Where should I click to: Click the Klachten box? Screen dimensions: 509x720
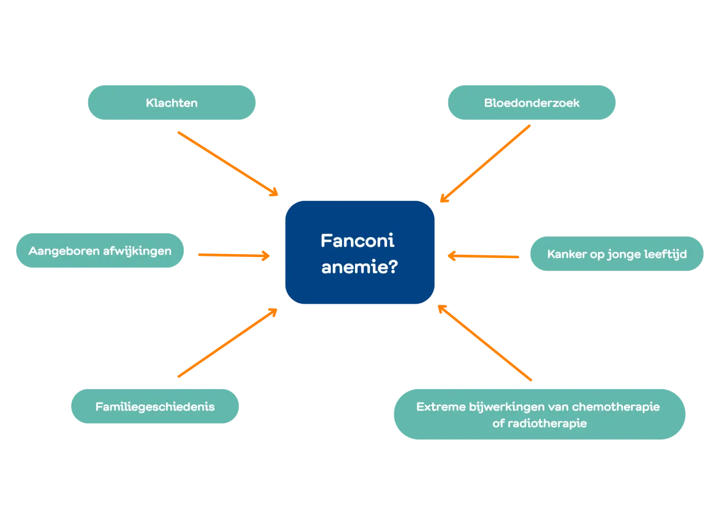172,103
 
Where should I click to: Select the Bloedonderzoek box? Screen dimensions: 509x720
531,103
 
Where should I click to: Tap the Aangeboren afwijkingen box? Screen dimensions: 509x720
99,250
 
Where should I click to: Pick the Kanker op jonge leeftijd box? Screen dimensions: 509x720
617,254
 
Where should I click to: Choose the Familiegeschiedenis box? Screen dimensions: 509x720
155,407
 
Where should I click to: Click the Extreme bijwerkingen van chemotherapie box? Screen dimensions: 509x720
538,415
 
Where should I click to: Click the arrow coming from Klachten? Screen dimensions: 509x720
227,164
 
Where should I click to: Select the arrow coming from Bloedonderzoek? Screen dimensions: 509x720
484,164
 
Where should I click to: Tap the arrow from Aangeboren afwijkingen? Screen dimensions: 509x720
234,255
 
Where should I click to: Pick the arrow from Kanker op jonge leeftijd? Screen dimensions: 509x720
484,256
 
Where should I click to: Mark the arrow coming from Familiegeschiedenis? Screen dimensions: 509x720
227,343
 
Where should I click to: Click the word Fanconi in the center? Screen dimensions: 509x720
357,241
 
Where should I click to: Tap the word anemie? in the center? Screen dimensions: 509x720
359,267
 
